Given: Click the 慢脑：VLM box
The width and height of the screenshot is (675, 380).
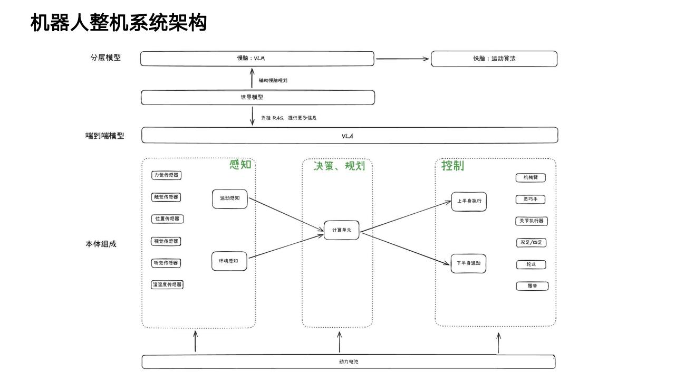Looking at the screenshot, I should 257,59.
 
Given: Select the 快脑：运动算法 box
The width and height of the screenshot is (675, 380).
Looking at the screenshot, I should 494,59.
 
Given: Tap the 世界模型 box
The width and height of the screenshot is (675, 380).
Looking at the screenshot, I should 257,98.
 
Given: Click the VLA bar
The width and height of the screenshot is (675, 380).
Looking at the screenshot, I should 349,136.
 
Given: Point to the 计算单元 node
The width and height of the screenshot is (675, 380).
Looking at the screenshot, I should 341,230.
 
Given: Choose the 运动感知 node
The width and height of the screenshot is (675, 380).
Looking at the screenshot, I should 229,199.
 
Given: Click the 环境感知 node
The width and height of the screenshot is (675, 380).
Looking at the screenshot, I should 229,261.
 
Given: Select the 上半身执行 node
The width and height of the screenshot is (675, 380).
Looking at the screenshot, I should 469,202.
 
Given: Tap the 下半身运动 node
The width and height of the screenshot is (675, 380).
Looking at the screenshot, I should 468,263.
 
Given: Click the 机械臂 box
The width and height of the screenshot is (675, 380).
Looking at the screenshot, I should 531,177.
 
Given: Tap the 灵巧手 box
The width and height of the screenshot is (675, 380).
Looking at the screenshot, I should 531,199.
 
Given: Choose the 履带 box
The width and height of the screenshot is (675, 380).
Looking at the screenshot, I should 532,286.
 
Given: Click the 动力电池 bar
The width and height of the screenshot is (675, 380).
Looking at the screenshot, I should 349,362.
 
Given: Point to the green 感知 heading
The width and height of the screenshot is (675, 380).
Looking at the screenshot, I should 240,165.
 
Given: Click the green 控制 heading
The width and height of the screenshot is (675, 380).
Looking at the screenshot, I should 452,166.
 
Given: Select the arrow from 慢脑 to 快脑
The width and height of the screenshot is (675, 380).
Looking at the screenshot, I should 402,59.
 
